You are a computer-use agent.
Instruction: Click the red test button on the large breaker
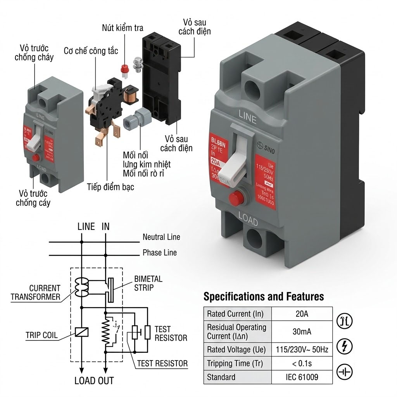pyautogui.click(x=235, y=199)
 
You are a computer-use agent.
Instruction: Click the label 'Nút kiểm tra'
pyautogui.click(x=123, y=28)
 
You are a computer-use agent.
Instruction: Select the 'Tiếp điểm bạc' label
pyautogui.click(x=110, y=187)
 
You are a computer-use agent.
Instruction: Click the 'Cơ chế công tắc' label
pyautogui.click(x=91, y=51)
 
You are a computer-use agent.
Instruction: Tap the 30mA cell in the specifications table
pyautogui.click(x=302, y=331)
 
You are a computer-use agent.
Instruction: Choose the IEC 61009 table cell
pyautogui.click(x=302, y=377)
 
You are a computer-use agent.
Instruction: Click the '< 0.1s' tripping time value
pyautogui.click(x=302, y=363)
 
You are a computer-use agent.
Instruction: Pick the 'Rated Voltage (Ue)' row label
pyautogui.click(x=236, y=349)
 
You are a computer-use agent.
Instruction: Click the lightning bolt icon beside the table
pyautogui.click(x=344, y=347)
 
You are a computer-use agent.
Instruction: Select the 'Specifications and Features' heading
pyautogui.click(x=264, y=297)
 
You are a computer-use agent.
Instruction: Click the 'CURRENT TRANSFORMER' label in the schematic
pyautogui.click(x=36, y=293)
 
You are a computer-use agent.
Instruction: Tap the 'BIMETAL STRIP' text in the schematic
pyautogui.click(x=148, y=283)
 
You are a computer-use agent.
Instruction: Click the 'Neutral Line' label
pyautogui.click(x=161, y=237)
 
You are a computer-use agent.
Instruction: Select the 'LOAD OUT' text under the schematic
pyautogui.click(x=94, y=380)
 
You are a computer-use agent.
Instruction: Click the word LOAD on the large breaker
pyautogui.click(x=248, y=220)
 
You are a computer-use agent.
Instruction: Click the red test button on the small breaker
pyautogui.click(x=36, y=157)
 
